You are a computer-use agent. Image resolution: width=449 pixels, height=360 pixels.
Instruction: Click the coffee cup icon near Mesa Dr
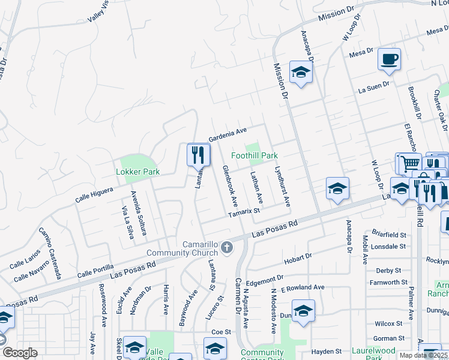click(389, 59)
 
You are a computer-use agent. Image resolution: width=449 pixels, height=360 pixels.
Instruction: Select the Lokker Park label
click(137, 172)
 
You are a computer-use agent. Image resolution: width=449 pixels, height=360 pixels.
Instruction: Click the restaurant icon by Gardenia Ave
click(197, 155)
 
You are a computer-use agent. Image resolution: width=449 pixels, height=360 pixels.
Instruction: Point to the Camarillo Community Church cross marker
click(227, 247)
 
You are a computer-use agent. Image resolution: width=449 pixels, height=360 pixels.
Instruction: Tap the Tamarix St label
click(243, 211)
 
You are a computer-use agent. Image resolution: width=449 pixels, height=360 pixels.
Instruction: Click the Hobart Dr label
click(298, 257)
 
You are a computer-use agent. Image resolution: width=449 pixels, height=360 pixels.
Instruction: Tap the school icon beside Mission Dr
click(300, 73)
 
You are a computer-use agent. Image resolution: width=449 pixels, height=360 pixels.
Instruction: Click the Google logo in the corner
click(19, 353)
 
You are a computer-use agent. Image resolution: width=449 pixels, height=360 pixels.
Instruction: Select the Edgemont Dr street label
click(264, 280)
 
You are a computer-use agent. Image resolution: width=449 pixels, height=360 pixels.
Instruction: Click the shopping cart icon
click(409, 163)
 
